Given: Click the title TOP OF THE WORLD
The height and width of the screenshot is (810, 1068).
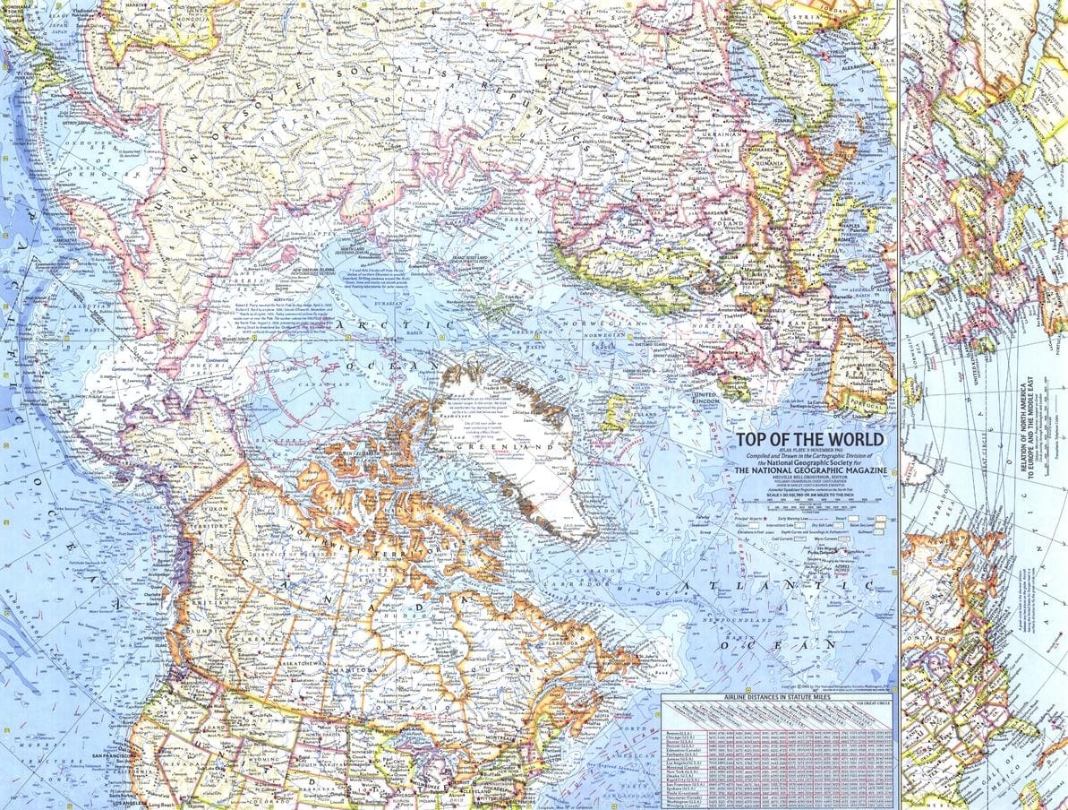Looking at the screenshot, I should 808,439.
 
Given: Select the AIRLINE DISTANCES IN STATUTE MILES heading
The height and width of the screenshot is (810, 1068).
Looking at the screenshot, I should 777,696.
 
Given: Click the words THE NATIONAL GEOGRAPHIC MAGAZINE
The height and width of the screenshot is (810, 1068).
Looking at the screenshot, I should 809,470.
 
